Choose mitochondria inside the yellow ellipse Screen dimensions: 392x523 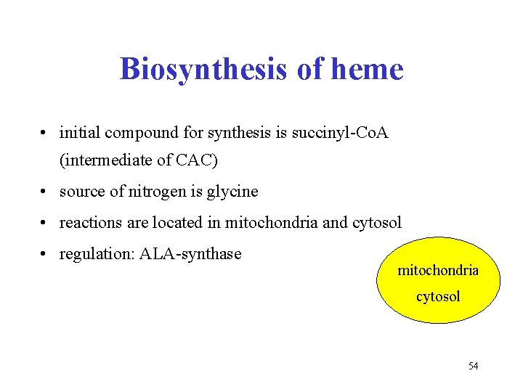click(x=438, y=271)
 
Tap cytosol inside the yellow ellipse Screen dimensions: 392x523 click(x=438, y=296)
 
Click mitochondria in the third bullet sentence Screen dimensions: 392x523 click(x=272, y=223)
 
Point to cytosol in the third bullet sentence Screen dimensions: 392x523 click(x=376, y=223)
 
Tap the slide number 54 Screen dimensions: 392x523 click(x=473, y=366)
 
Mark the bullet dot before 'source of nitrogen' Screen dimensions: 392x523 click(x=45, y=192)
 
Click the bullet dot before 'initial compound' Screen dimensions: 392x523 click(x=45, y=134)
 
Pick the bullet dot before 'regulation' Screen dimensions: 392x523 click(x=45, y=255)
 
